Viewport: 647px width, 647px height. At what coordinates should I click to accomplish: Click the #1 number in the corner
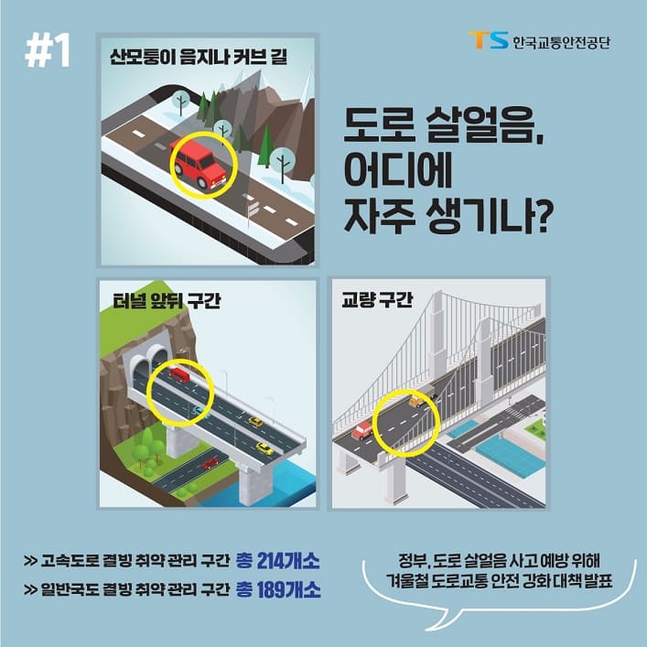[x=49, y=51]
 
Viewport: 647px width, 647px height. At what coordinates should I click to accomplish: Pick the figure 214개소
[x=288, y=558]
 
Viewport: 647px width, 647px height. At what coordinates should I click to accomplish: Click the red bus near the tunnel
[x=179, y=373]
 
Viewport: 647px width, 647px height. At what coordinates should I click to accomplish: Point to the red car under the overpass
[x=210, y=461]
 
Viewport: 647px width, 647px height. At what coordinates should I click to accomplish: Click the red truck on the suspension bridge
[x=362, y=428]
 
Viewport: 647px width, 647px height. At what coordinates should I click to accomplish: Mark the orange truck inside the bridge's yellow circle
[x=417, y=400]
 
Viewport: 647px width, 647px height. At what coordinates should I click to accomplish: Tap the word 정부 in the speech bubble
[x=414, y=560]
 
